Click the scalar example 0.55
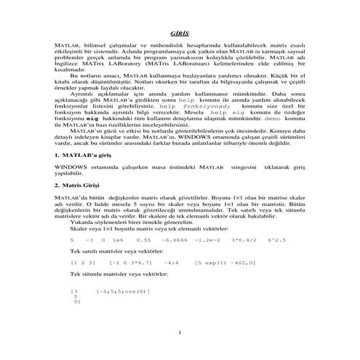pos(143,239)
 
